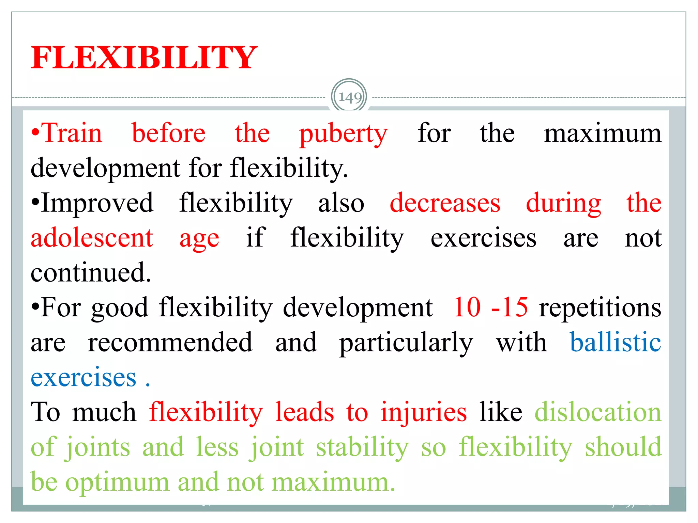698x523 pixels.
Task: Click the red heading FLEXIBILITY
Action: tap(144, 58)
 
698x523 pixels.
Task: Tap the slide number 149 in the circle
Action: tap(349, 98)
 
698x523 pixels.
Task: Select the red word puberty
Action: tap(343, 134)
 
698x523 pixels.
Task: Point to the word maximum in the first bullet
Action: tap(602, 133)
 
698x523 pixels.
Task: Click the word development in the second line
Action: tap(105, 168)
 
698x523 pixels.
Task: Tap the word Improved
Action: tap(97, 203)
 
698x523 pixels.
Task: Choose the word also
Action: tap(341, 203)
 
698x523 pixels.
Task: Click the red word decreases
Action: tap(445, 203)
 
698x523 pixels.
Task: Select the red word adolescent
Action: tap(92, 238)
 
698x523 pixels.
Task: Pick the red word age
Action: tap(199, 239)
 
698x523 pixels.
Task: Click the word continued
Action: tap(91, 273)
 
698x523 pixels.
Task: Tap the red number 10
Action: tap(467, 307)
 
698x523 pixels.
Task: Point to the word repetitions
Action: tap(600, 308)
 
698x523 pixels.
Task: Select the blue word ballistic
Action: tap(616, 342)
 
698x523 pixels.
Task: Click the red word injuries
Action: tap(424, 413)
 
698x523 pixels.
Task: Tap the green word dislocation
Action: tap(598, 412)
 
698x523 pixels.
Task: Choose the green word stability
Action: tap(362, 447)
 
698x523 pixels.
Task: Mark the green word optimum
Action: tap(117, 483)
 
